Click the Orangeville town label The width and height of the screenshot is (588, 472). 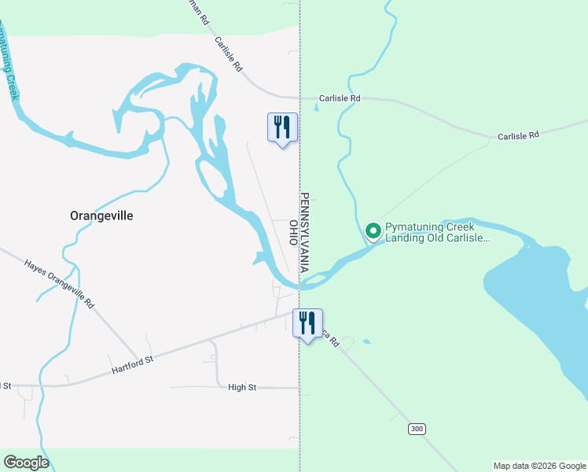click(x=101, y=216)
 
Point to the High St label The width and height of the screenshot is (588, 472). click(x=242, y=387)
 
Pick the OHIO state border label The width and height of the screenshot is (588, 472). click(x=293, y=233)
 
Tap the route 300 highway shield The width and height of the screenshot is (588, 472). click(x=417, y=429)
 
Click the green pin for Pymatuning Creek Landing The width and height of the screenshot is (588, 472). click(x=373, y=231)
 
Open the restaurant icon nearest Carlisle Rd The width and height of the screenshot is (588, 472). click(x=282, y=127)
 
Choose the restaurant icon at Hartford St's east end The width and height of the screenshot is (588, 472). click(x=307, y=322)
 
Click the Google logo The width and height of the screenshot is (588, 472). click(x=26, y=463)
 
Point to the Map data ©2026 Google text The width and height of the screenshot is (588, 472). click(x=538, y=466)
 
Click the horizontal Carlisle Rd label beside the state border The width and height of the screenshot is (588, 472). click(x=340, y=98)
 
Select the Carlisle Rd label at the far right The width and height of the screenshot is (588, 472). click(x=518, y=136)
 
